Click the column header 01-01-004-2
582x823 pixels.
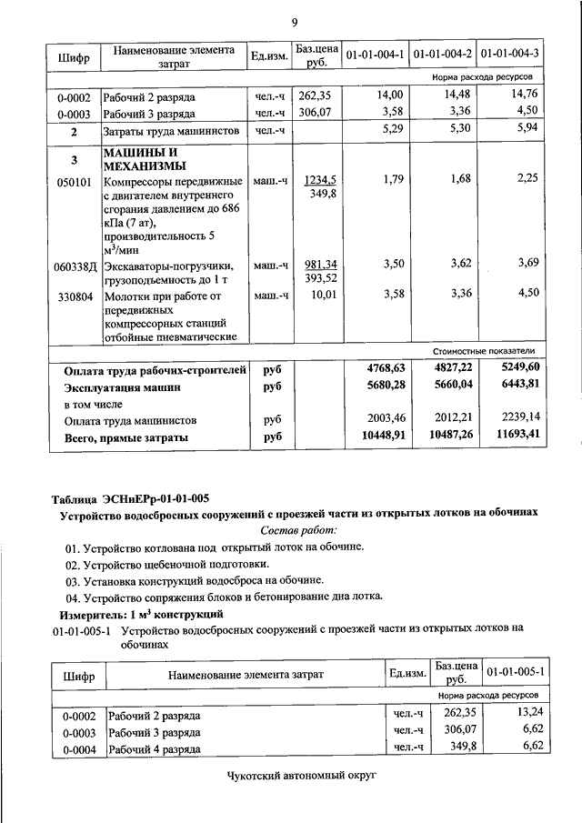point(442,55)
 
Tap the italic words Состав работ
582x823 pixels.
point(298,529)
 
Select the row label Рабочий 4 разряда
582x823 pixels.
point(154,749)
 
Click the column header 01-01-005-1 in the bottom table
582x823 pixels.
point(516,672)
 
